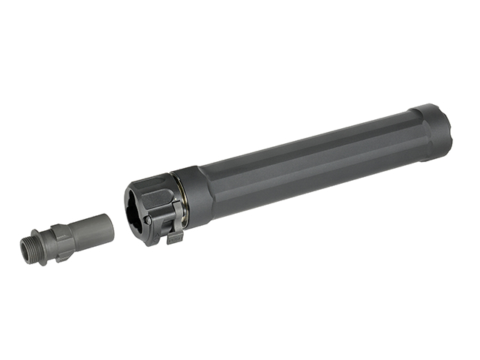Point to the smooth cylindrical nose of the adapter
point(90,229)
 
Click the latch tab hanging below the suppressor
point(175,237)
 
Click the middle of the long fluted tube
point(315,157)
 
